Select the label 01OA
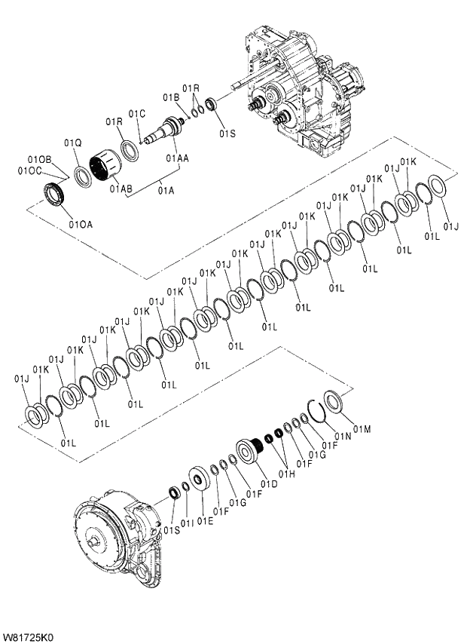coord(81,223)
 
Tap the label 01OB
coord(39,160)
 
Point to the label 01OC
coord(29,171)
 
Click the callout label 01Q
coord(72,143)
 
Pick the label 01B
coord(171,97)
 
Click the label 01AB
coord(121,188)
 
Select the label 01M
coord(362,429)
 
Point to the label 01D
coord(267,483)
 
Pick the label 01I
coord(188,522)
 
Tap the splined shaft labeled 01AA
coord(169,134)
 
